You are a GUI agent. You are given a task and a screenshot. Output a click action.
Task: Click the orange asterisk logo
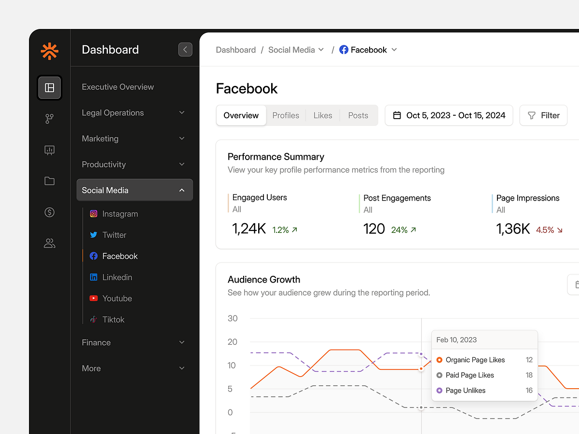coord(49,51)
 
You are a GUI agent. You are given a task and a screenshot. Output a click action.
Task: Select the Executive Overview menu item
coord(118,87)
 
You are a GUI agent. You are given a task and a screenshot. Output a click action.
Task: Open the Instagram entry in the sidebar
coord(120,214)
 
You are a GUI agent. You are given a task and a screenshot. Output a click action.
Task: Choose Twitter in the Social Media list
coord(114,235)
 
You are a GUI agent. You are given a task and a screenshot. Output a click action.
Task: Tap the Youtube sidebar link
coord(117,298)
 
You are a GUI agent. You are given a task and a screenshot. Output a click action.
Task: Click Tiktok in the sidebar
coord(113,320)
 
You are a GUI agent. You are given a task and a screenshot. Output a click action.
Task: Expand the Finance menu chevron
coord(182,342)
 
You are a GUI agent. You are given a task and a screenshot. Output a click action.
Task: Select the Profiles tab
coord(286,115)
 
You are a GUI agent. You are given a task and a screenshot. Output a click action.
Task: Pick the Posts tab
coord(358,115)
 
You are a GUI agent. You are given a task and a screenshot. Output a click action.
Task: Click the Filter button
coord(543,115)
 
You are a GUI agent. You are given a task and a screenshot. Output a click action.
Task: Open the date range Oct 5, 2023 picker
coord(449,115)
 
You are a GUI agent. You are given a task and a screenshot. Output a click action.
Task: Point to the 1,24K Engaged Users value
coord(249,229)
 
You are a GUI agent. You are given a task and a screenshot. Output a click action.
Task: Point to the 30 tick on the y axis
coord(233,318)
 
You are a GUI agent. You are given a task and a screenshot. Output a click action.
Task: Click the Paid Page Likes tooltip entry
coord(469,375)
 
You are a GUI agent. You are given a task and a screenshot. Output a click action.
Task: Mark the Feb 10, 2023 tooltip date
coord(456,339)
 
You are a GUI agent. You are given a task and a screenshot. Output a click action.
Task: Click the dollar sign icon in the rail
coord(49,212)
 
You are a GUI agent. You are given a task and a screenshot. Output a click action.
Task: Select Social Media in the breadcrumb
coord(291,50)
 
